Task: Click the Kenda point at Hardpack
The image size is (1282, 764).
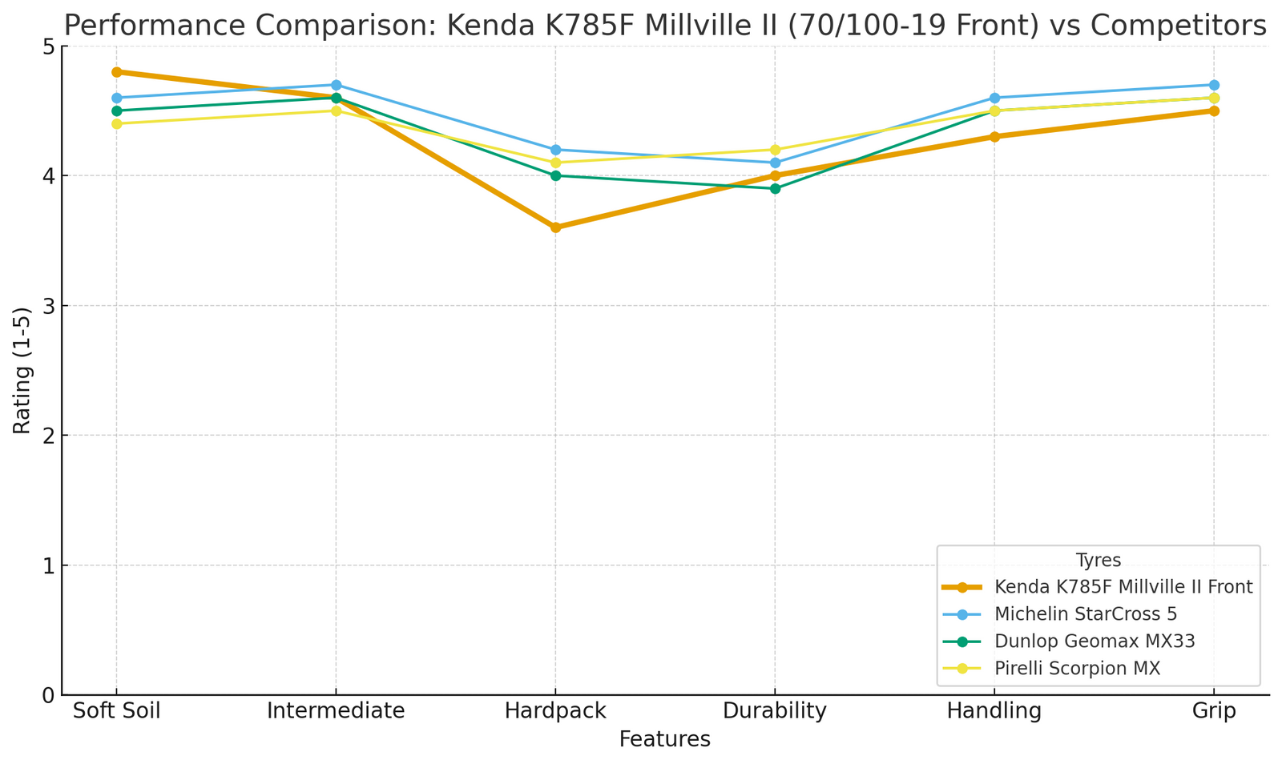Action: [555, 227]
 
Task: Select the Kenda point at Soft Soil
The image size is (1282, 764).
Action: [116, 72]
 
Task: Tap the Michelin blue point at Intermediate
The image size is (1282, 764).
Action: [336, 85]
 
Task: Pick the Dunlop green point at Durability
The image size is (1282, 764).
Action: [775, 189]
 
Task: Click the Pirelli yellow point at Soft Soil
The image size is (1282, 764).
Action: [116, 123]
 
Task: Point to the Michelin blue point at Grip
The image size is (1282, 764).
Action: [1214, 85]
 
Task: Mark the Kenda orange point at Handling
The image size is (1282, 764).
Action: [994, 137]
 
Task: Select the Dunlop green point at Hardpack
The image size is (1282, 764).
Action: [555, 175]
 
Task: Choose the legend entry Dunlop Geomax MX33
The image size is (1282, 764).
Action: [1095, 641]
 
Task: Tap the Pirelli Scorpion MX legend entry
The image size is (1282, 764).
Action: [1077, 668]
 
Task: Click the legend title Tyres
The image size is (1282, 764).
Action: [1098, 561]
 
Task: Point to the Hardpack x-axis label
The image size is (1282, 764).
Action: [555, 711]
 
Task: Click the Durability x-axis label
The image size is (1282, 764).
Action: [775, 711]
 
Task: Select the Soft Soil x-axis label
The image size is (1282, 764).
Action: [116, 711]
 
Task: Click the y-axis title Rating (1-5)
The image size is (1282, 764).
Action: [22, 370]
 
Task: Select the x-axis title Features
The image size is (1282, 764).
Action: [664, 740]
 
